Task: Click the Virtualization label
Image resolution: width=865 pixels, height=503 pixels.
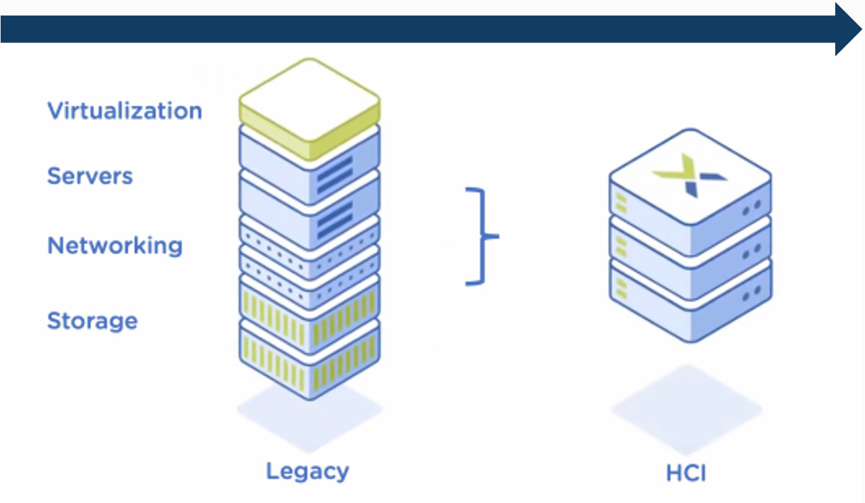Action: (125, 111)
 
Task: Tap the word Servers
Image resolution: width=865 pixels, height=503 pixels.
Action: (90, 175)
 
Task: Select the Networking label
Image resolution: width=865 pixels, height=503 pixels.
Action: (115, 245)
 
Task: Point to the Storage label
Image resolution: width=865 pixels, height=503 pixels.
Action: (92, 321)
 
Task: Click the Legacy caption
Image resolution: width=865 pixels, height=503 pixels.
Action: (307, 471)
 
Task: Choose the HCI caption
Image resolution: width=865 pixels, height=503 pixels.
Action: (686, 473)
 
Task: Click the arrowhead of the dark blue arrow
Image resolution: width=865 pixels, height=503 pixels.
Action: (847, 29)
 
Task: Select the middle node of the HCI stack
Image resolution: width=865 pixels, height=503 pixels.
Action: (690, 250)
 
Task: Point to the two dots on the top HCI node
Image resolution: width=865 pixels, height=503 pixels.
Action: (751, 208)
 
